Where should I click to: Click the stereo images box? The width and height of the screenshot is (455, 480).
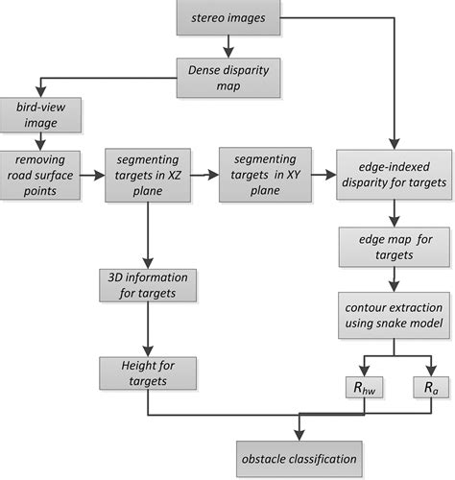228,17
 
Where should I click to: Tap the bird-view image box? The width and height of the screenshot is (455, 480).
40,113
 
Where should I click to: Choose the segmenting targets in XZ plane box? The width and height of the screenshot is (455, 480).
146,174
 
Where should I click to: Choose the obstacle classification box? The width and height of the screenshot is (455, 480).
301,455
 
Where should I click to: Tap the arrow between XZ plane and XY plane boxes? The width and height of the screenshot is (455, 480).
204,174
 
